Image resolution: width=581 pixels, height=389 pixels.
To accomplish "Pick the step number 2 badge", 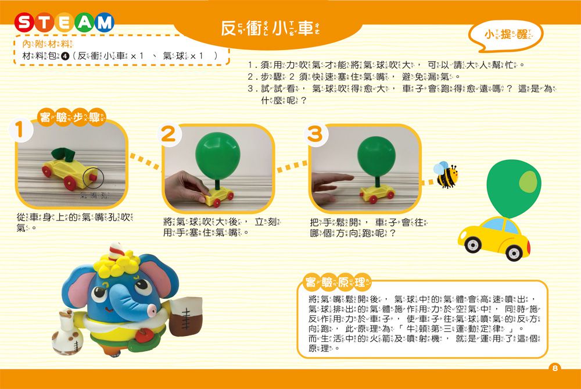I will click(168, 134).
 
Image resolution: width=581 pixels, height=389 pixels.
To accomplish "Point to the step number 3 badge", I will click(314, 134).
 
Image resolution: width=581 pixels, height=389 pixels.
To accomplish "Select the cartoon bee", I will click(446, 175).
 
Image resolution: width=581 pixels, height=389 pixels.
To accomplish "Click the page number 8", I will click(555, 367).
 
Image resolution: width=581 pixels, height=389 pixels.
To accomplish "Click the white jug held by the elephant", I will click(66, 334).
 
